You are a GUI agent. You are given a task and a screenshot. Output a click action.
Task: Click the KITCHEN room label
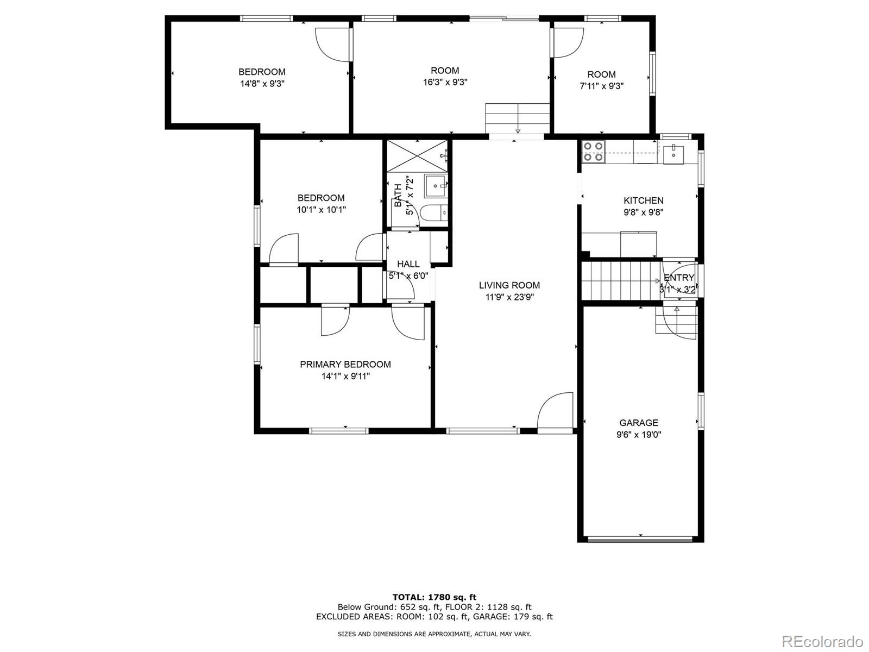(643, 200)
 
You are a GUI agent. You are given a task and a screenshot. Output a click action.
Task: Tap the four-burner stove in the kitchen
(593, 152)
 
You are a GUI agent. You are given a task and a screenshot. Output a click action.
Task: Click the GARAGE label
(638, 423)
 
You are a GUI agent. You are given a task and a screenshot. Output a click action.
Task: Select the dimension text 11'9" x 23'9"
(509, 297)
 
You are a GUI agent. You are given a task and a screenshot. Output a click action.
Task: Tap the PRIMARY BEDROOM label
(345, 365)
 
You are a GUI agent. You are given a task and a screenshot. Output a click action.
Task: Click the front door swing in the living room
(555, 411)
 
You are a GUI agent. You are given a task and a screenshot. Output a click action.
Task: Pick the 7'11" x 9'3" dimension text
(601, 86)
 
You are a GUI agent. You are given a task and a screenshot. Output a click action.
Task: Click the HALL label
(408, 264)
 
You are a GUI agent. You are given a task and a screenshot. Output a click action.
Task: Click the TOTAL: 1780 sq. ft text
(434, 597)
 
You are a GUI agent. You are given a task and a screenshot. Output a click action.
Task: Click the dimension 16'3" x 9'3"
(445, 83)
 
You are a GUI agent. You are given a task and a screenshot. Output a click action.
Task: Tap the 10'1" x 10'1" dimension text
(321, 210)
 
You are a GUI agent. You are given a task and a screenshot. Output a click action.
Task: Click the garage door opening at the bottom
(640, 539)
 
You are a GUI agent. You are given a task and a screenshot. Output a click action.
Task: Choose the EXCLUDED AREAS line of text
(434, 617)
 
